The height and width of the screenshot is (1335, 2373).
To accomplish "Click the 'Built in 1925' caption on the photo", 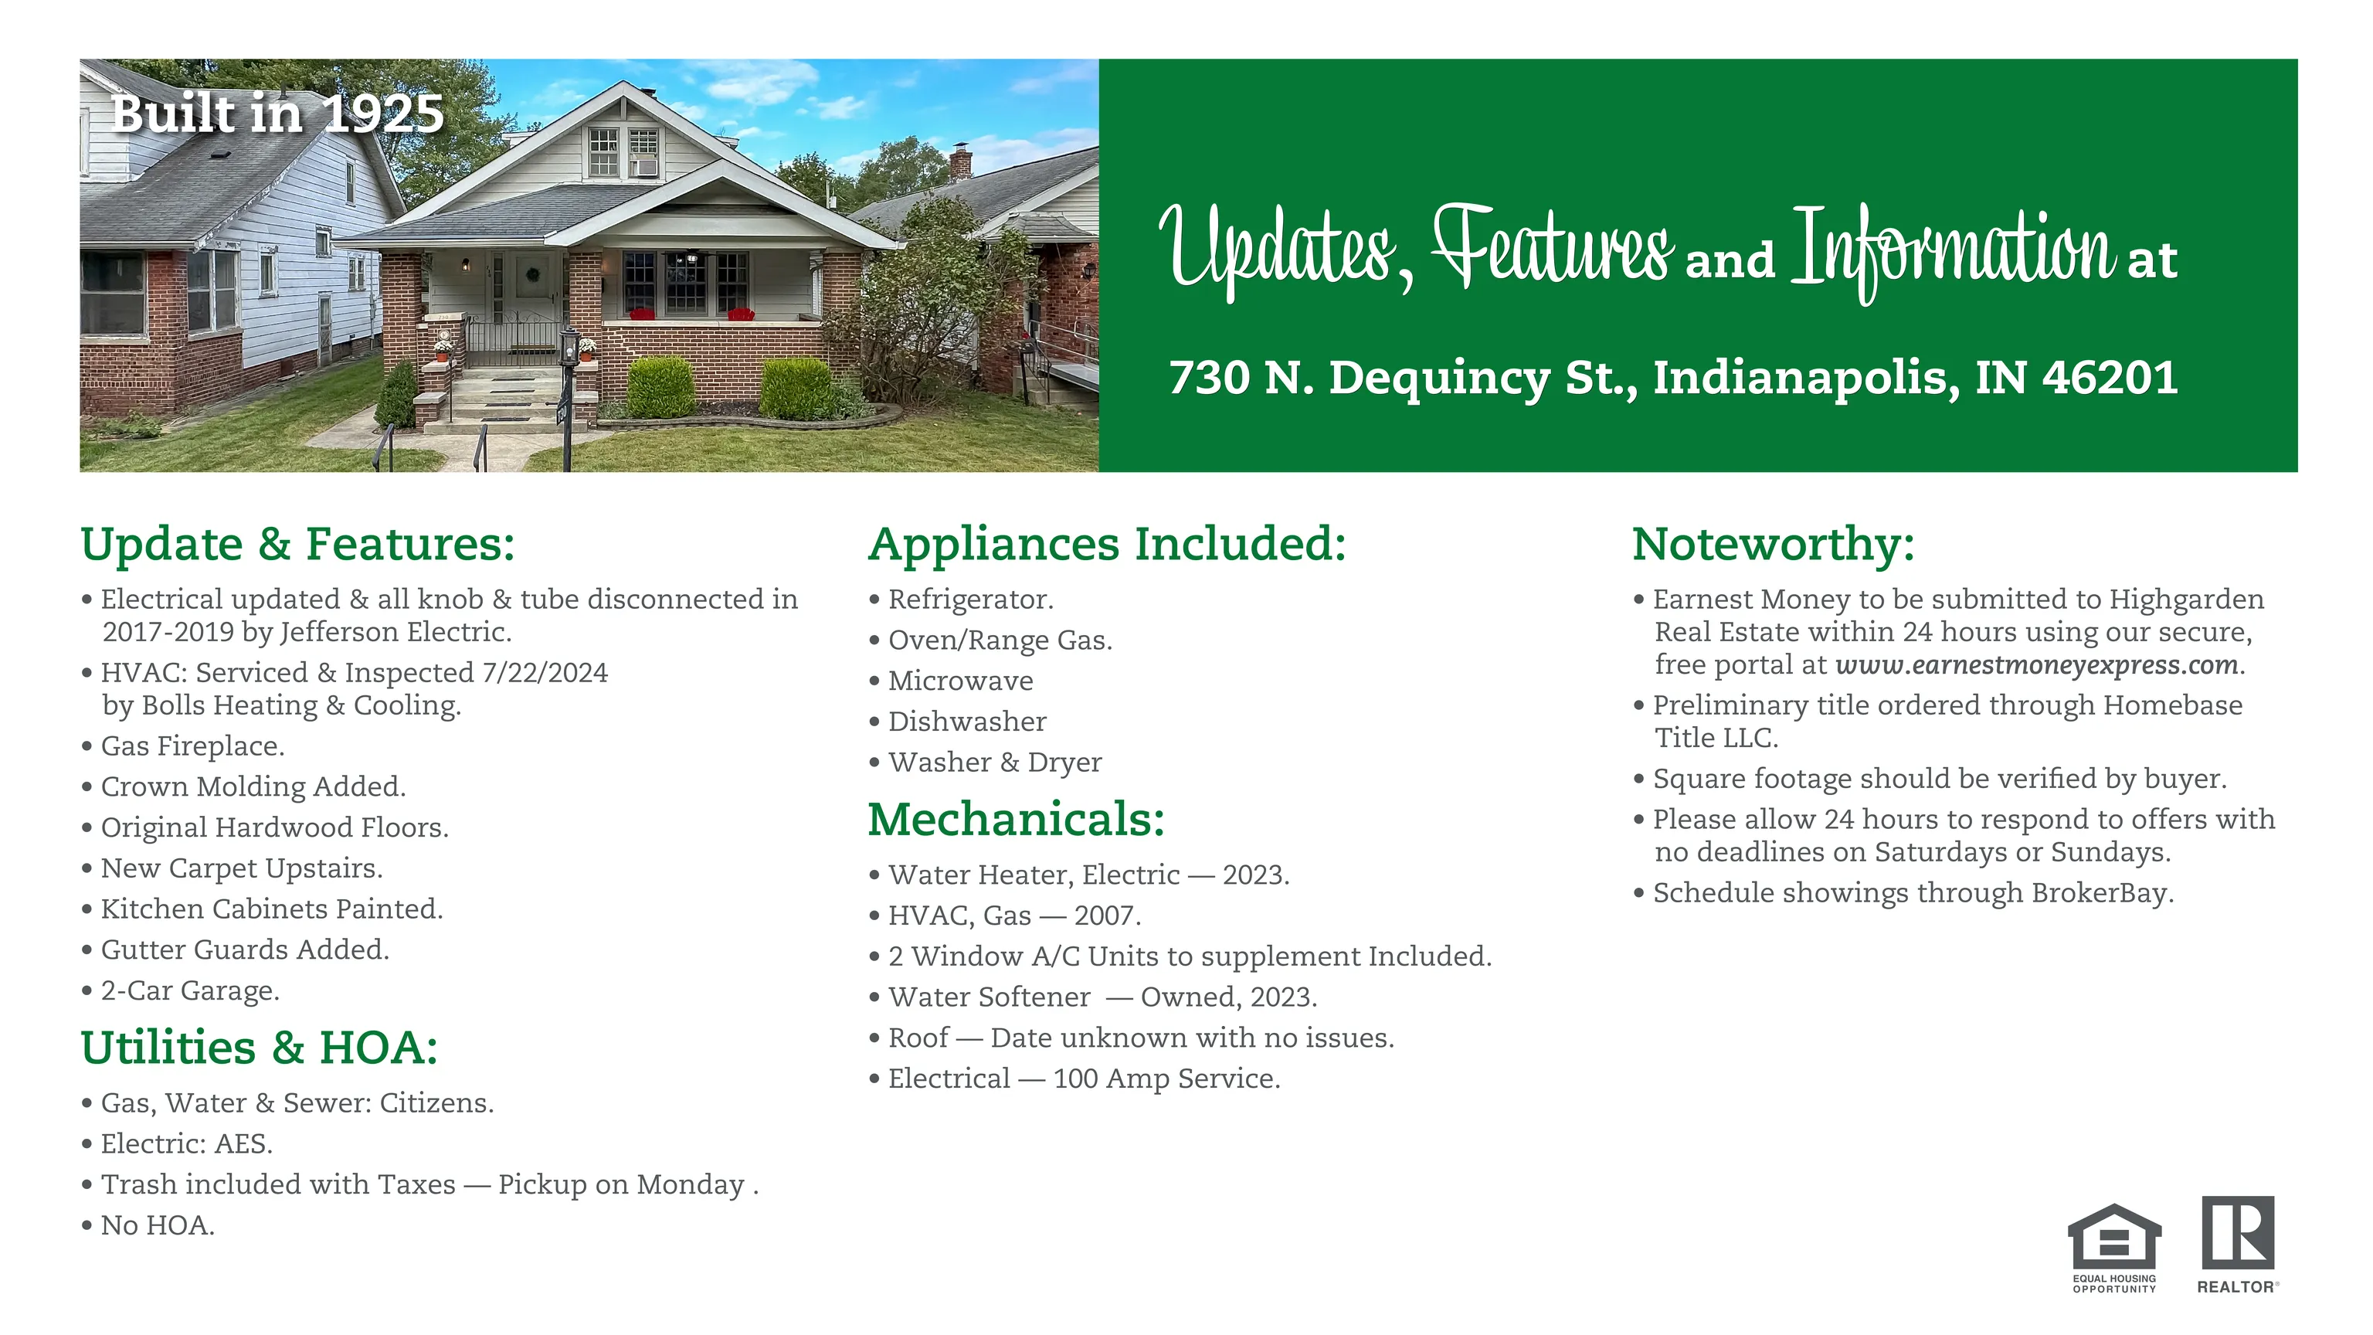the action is [277, 114].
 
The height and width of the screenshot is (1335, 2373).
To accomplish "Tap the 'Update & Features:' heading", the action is [297, 544].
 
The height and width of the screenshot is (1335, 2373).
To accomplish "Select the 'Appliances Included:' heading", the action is [1107, 544].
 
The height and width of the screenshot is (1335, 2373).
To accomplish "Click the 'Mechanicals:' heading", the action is [1016, 819].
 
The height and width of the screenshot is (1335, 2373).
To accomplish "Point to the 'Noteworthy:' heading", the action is [1774, 544].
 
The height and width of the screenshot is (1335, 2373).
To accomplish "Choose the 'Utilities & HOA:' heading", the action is [259, 1048].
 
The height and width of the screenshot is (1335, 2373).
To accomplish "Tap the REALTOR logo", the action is [2238, 1245].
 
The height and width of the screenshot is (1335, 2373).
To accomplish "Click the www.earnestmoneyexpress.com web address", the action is [2036, 665].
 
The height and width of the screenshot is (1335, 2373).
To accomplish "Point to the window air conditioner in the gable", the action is [644, 167].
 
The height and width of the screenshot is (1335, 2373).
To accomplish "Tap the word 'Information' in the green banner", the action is [1953, 249].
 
